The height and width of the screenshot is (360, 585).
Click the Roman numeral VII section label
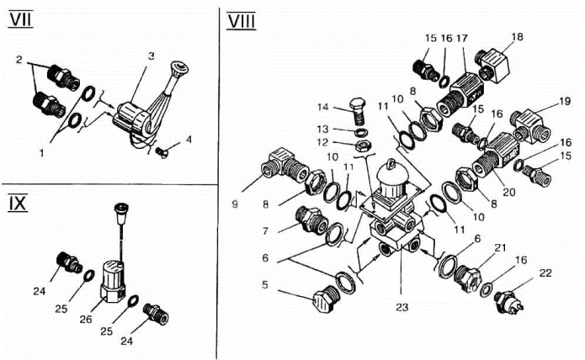point(20,19)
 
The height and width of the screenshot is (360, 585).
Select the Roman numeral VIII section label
point(243,21)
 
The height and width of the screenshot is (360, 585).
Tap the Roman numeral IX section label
point(19,204)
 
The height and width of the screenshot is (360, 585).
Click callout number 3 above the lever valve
point(151,56)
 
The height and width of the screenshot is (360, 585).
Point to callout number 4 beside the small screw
point(189,139)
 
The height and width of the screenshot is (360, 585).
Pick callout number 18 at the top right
point(517,37)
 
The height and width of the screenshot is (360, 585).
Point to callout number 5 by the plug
point(267,286)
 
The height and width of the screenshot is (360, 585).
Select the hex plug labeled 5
point(322,304)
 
